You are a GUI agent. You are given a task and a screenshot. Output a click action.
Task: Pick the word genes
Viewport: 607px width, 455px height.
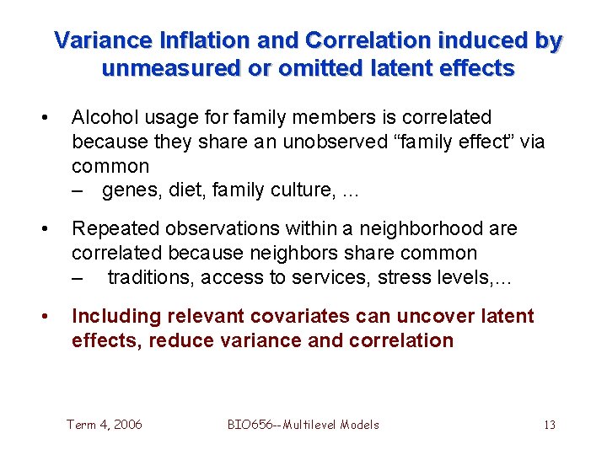(128, 190)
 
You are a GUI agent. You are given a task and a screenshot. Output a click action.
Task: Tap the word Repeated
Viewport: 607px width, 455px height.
(109, 228)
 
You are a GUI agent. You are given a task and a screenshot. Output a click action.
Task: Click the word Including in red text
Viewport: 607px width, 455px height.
(117, 317)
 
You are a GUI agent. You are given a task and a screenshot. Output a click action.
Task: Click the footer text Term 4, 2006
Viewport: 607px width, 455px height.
(104, 425)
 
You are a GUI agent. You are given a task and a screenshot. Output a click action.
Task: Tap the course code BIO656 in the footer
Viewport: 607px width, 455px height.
(252, 425)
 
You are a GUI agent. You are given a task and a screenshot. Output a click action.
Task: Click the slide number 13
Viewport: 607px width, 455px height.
(549, 425)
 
